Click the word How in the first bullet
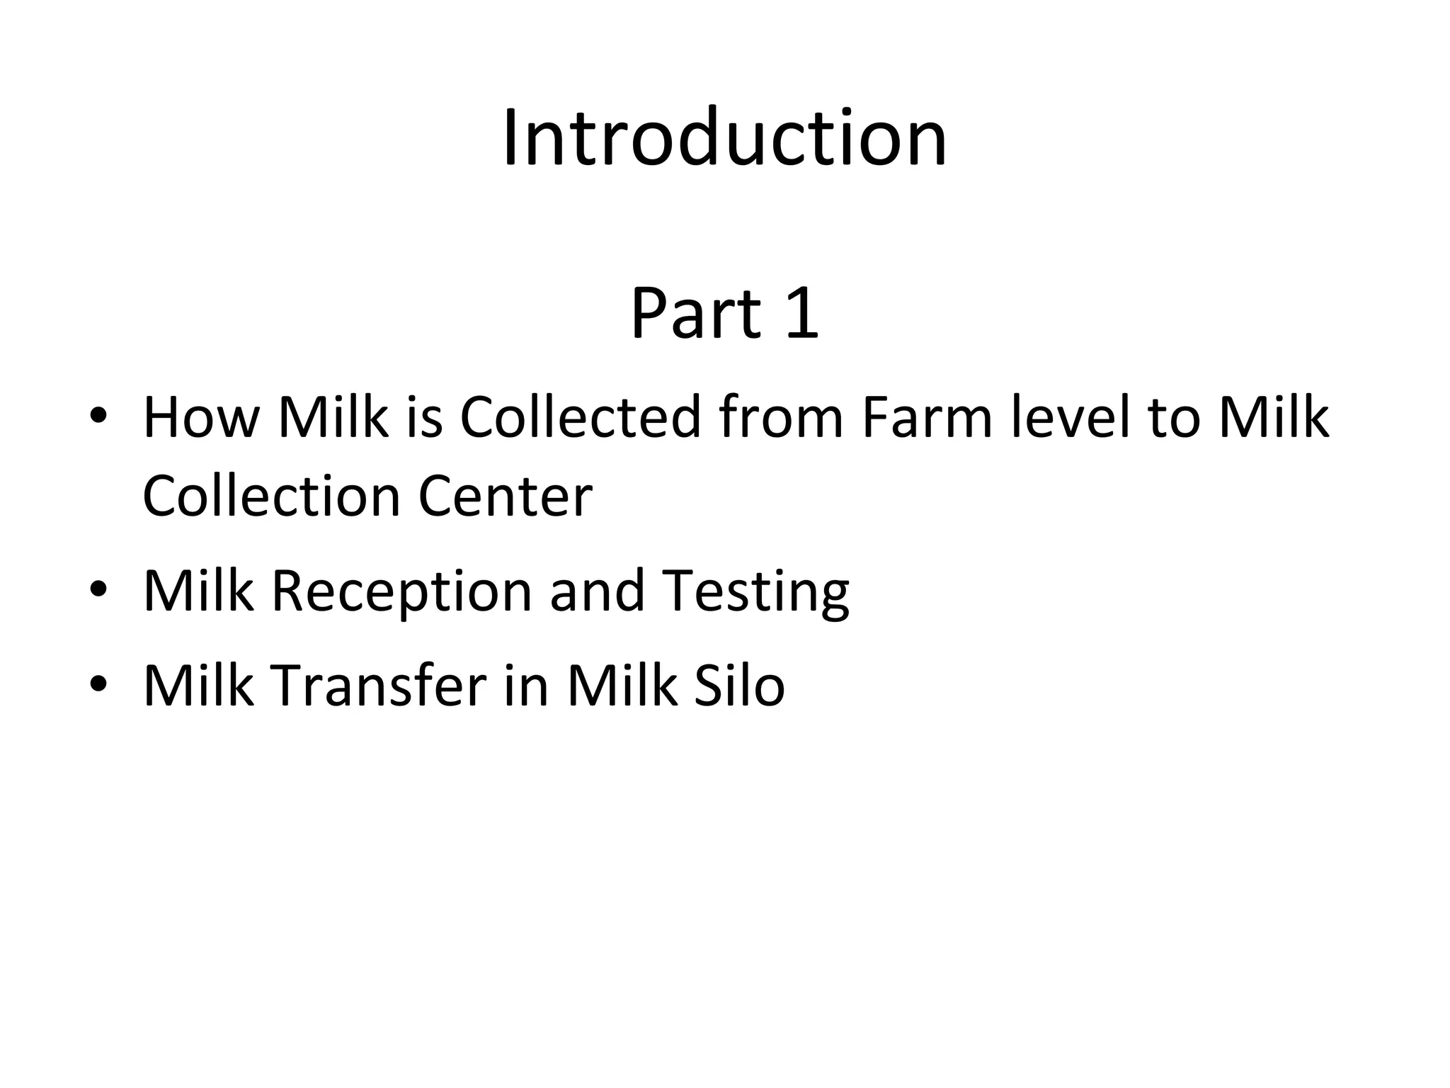point(201,418)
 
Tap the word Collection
point(272,495)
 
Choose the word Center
point(505,495)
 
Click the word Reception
point(401,591)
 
